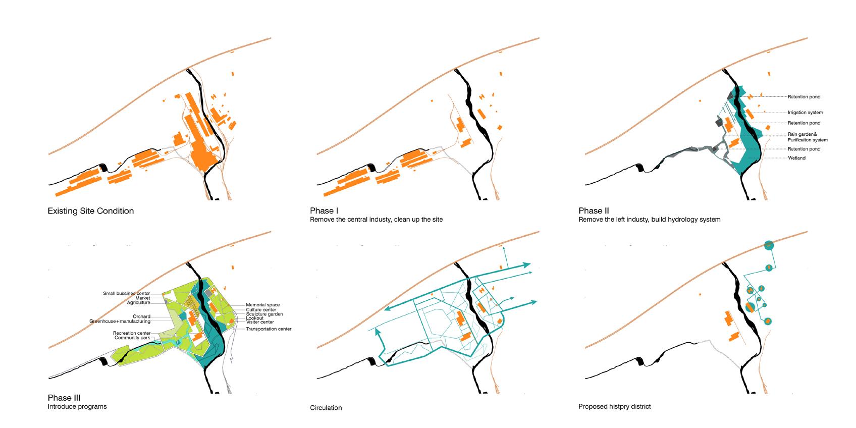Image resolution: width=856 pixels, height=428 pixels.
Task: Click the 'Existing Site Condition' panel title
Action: (91, 211)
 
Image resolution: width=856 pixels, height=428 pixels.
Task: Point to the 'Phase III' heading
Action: (64, 398)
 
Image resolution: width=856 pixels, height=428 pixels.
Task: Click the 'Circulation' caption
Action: (326, 408)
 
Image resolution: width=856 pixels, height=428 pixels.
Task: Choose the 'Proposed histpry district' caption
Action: (614, 406)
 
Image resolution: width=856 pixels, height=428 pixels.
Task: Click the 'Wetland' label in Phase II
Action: (797, 158)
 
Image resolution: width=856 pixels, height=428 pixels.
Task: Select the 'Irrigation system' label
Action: (805, 113)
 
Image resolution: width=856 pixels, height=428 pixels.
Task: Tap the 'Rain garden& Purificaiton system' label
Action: (808, 137)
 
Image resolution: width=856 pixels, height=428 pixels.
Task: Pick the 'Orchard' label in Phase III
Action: (141, 316)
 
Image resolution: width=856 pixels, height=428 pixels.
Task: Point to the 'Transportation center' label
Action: (269, 329)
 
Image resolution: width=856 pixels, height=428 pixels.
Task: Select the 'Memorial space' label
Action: (262, 305)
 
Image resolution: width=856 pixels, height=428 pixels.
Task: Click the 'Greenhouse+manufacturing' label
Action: (120, 321)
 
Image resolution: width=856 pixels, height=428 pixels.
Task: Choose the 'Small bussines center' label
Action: (126, 293)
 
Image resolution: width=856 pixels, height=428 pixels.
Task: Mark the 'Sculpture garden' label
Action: (264, 314)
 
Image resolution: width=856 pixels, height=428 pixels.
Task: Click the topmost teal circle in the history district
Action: (768, 246)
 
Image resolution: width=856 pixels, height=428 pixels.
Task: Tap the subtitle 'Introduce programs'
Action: (77, 406)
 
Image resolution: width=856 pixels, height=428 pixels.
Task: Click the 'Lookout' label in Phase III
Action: (255, 318)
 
